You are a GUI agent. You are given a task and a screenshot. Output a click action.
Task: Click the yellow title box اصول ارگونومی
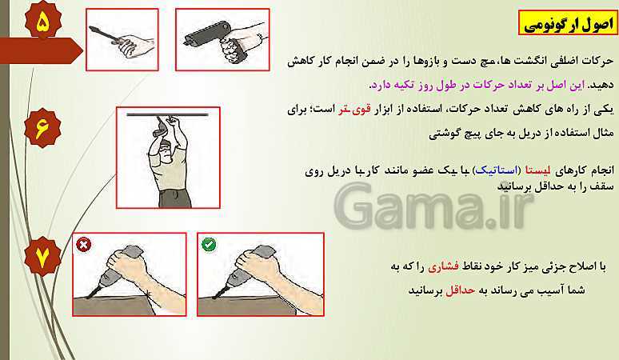pyautogui.click(x=568, y=23)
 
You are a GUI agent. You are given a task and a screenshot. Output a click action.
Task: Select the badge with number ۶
pyautogui.click(x=42, y=128)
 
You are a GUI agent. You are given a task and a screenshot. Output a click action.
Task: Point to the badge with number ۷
pyautogui.click(x=42, y=257)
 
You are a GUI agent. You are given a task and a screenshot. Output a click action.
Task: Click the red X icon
pyautogui.click(x=84, y=245)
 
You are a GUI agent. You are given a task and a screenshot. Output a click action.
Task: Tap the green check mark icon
pyautogui.click(x=209, y=244)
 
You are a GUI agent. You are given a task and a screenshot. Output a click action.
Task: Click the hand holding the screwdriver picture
pyautogui.click(x=122, y=39)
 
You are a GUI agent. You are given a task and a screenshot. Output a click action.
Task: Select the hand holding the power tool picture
pyautogui.click(x=222, y=39)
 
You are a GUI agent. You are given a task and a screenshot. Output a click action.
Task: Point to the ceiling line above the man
pyautogui.click(x=167, y=115)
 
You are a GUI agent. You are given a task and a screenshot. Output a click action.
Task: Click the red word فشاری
pyautogui.click(x=443, y=267)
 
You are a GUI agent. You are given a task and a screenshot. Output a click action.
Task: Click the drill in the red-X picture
pyautogui.click(x=114, y=271)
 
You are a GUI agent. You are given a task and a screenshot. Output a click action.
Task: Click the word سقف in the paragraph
pyautogui.click(x=605, y=187)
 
